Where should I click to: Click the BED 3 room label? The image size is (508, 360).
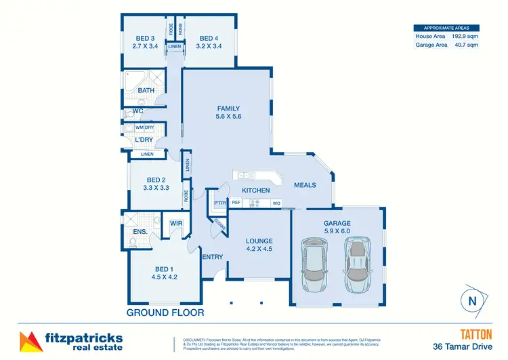[146, 38]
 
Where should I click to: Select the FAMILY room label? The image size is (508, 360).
[229, 108]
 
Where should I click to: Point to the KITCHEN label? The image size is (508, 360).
[255, 191]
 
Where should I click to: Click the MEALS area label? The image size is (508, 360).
[305, 185]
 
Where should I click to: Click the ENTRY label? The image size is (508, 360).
[212, 256]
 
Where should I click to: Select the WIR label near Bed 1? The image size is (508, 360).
[176, 223]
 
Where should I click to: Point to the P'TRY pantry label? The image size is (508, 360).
[219, 203]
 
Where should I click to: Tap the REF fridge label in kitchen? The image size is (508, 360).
[236, 203]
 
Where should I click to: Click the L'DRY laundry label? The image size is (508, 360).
[144, 140]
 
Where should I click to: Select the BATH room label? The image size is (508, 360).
[146, 90]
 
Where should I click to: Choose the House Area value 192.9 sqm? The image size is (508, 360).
[464, 36]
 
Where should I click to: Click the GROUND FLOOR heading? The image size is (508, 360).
[165, 313]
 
